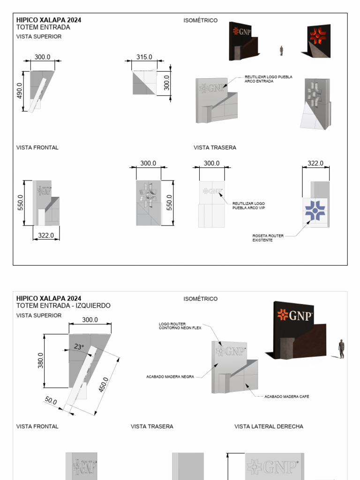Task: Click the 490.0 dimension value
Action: (19, 91)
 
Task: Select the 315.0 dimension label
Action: (144, 57)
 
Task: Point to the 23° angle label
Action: (79, 347)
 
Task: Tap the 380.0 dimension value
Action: (41, 360)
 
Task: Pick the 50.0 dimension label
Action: (51, 401)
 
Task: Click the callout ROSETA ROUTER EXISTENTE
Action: (268, 238)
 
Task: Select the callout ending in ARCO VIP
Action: (248, 205)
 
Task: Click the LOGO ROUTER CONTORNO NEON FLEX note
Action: (180, 326)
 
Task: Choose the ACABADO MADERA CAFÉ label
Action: (286, 397)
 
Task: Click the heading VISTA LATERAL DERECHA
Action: (269, 427)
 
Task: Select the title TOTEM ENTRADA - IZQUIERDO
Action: (63, 306)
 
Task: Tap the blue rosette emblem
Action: (315, 210)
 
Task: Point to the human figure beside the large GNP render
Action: (341, 349)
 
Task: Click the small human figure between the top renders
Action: (281, 51)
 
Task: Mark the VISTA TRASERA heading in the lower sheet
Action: (152, 427)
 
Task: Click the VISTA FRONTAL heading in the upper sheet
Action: (37, 148)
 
